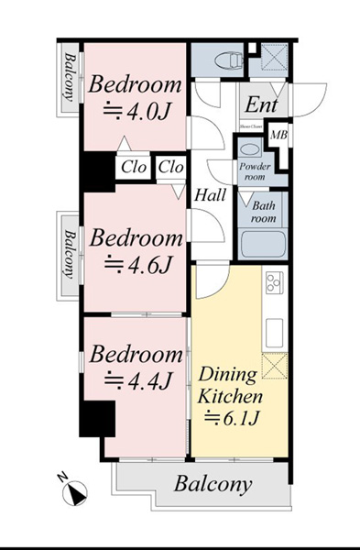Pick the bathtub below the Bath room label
pyautogui.click(x=263, y=245)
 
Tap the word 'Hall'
pyautogui.click(x=210, y=195)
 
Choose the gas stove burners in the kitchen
pyautogui.click(x=275, y=283)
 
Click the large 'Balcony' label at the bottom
pyautogui.click(x=213, y=484)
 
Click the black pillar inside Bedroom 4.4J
pyautogui.click(x=96, y=419)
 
